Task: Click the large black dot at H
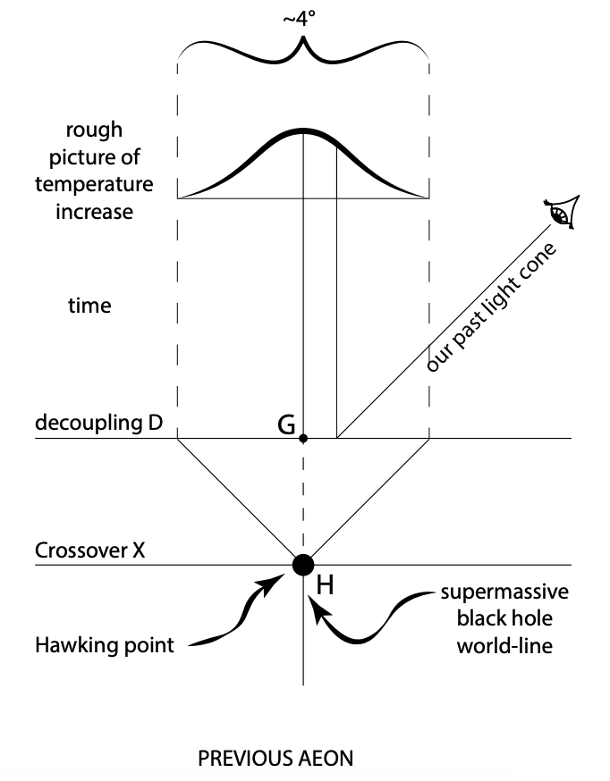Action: pos(303,564)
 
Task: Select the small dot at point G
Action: pos(304,438)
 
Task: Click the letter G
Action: pos(287,425)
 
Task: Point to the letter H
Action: pos(326,586)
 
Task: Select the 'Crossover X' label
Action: pos(89,550)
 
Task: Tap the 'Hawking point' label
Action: pos(105,644)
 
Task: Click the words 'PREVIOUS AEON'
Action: pos(275,760)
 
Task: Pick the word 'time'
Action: pos(89,306)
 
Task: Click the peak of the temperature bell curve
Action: pos(304,131)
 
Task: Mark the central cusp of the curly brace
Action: pos(304,42)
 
